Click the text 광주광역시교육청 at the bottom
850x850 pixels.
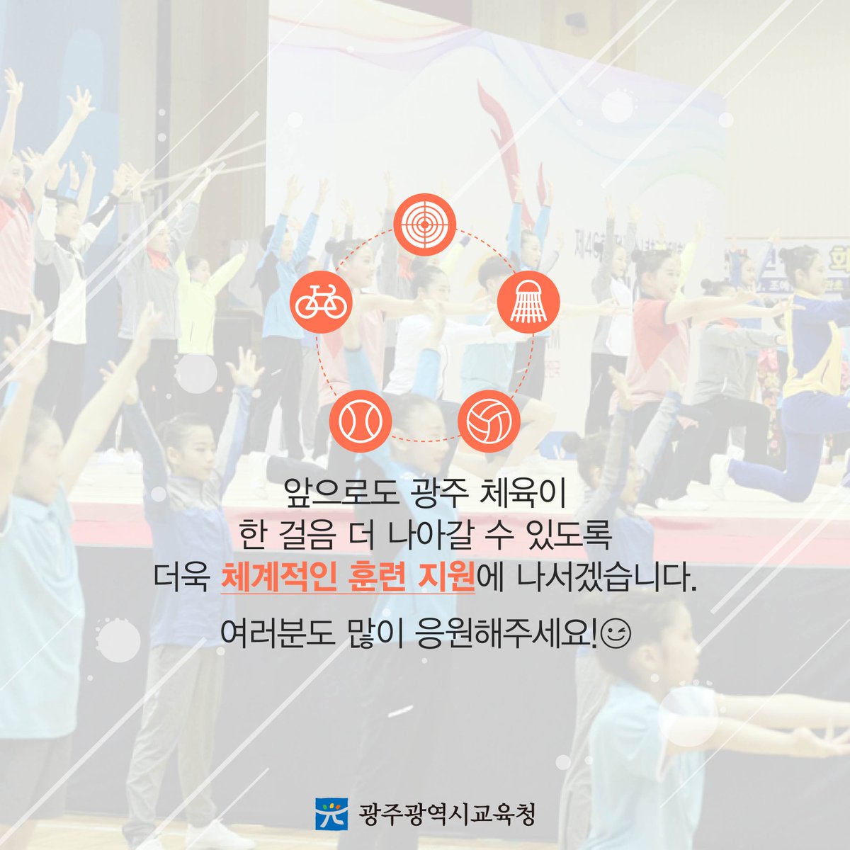[x=446, y=813]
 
